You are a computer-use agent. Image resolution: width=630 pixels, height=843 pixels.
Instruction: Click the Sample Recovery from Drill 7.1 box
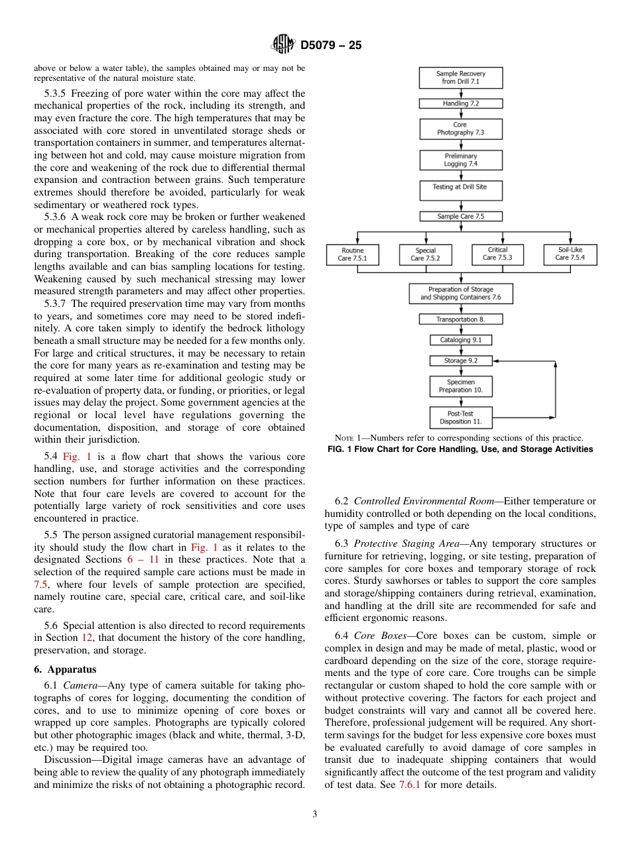click(x=460, y=78)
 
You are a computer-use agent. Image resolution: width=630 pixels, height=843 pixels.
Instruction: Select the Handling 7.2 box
click(x=460, y=104)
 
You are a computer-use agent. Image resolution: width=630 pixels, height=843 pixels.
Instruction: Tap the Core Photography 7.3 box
click(x=460, y=129)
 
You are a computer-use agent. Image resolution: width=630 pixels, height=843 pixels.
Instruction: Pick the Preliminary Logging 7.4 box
click(x=460, y=160)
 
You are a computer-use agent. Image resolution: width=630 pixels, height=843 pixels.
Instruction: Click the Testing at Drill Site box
click(x=460, y=190)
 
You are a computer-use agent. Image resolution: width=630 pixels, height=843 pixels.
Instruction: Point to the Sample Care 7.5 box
click(x=460, y=216)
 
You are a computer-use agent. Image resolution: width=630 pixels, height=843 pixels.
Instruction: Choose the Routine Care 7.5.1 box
click(x=352, y=254)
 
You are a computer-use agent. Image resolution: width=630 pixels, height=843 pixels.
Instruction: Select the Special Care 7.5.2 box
click(x=424, y=254)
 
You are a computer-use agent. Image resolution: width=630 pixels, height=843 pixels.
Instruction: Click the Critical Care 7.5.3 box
click(x=497, y=254)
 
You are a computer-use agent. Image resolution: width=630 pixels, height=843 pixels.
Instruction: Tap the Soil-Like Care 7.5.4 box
click(x=570, y=254)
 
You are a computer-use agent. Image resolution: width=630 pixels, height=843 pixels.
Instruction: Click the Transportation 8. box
click(x=460, y=319)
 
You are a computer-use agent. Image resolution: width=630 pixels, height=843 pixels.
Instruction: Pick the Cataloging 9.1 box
click(x=460, y=340)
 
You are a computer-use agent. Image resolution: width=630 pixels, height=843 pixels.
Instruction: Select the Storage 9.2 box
click(x=460, y=361)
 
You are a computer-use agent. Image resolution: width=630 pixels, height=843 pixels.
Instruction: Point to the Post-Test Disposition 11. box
click(x=460, y=418)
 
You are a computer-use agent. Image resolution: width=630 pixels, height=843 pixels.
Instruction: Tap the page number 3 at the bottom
click(x=315, y=815)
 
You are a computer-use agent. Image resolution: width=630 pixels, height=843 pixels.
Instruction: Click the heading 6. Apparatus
click(x=65, y=669)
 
